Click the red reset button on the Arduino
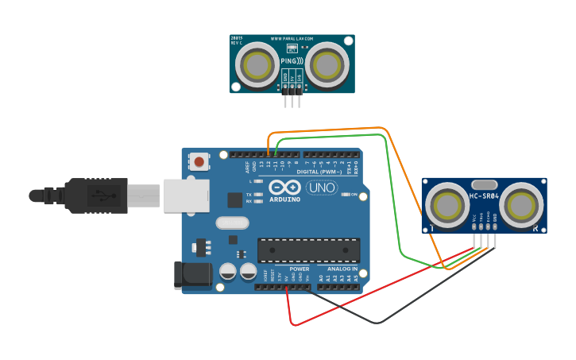point(199,162)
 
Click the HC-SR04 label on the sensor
point(485,196)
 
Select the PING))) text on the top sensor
point(291,60)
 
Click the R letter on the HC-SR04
point(535,228)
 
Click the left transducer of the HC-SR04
point(446,204)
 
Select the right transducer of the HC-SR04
point(522,204)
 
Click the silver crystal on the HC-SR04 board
point(484,207)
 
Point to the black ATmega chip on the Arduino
point(308,250)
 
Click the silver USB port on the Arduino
point(187,195)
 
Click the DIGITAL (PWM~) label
point(319,172)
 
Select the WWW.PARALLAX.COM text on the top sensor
point(292,38)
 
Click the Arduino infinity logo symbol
point(284,188)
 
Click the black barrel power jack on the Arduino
point(191,275)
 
